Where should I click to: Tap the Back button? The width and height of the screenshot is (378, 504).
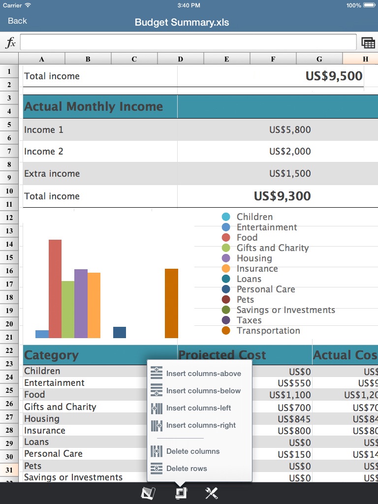coord(17,21)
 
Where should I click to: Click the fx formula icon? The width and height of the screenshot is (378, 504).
coord(10,43)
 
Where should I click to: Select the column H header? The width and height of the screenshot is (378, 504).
coord(365,59)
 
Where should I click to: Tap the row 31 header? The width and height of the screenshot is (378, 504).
coord(9,470)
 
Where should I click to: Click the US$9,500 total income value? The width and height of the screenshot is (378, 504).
coord(334,76)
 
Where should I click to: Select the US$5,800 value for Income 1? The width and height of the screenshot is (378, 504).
coord(290,130)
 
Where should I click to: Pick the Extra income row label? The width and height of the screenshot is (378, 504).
coord(52,174)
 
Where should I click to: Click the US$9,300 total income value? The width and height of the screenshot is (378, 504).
coord(282,196)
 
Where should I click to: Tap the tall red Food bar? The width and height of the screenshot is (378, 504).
coord(55,288)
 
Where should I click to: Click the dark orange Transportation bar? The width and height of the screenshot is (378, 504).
coord(171,303)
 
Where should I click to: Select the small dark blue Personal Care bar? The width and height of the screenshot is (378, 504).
coord(120,332)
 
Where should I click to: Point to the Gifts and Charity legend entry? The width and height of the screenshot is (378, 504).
coord(272,248)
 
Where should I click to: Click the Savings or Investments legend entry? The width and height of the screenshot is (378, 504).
coord(285,310)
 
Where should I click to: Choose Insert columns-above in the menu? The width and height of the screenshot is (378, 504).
coord(203,374)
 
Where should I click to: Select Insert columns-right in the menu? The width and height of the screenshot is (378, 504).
coord(200,425)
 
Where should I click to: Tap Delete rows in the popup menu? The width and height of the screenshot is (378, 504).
coord(186,469)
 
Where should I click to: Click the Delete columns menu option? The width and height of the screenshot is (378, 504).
coord(192,451)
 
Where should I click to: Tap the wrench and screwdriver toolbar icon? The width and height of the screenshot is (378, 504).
coord(212,493)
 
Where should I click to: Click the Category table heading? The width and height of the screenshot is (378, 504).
coord(51,355)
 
